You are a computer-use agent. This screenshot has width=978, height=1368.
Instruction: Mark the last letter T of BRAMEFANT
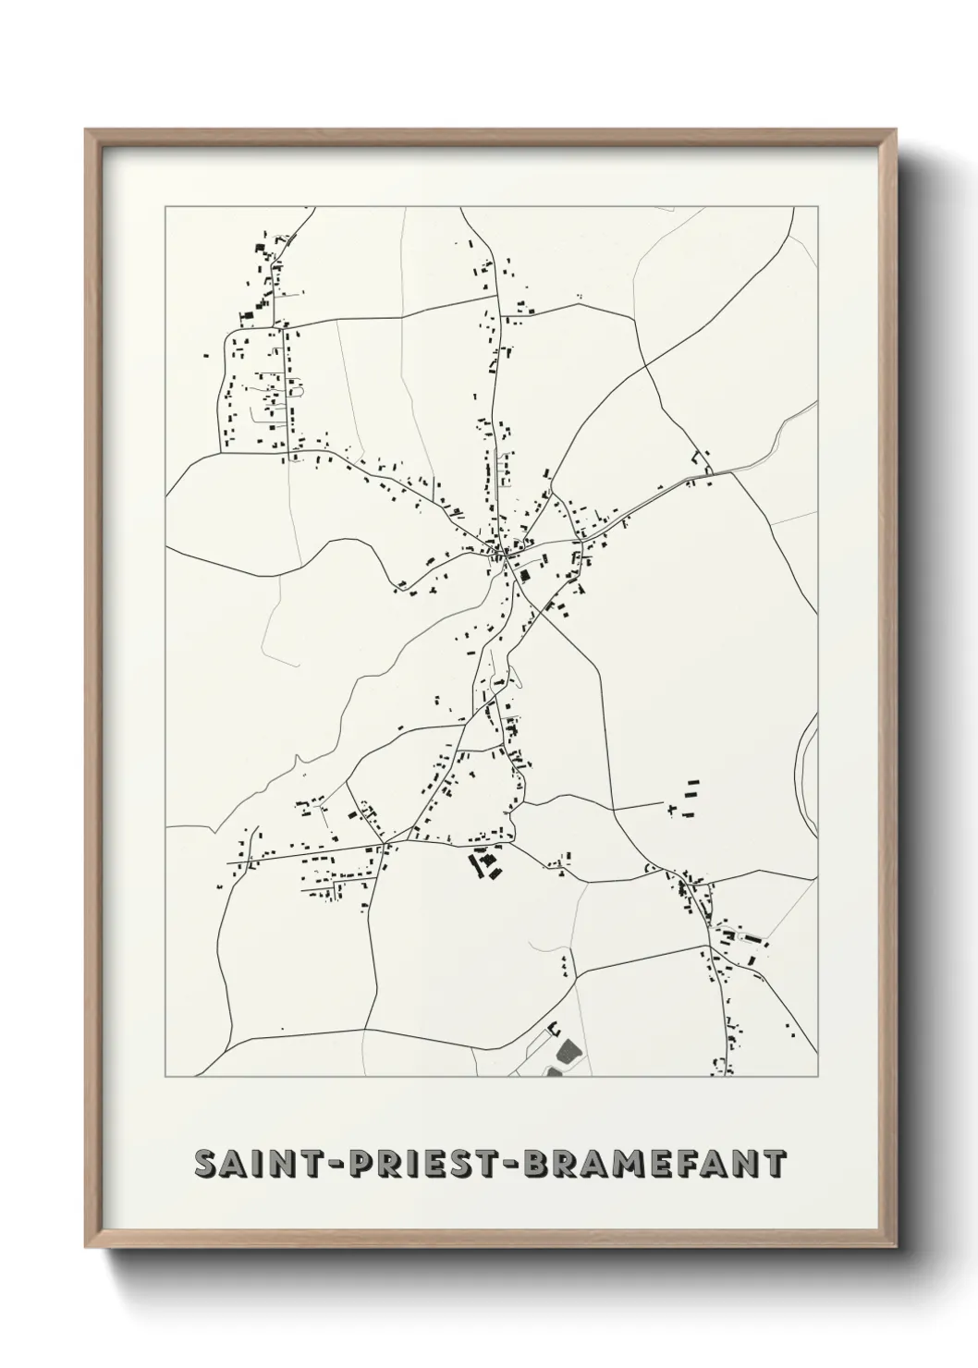775,1164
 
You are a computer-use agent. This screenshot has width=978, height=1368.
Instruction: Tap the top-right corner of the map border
818,207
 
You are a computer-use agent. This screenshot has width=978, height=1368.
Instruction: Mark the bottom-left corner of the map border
165,1077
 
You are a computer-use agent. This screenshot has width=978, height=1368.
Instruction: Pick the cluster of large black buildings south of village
484,864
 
